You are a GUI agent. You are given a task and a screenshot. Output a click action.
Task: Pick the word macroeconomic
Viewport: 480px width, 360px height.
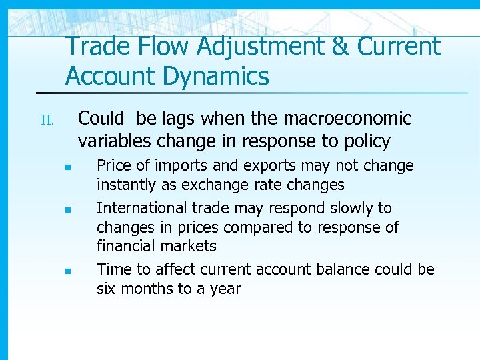click(x=348, y=119)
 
